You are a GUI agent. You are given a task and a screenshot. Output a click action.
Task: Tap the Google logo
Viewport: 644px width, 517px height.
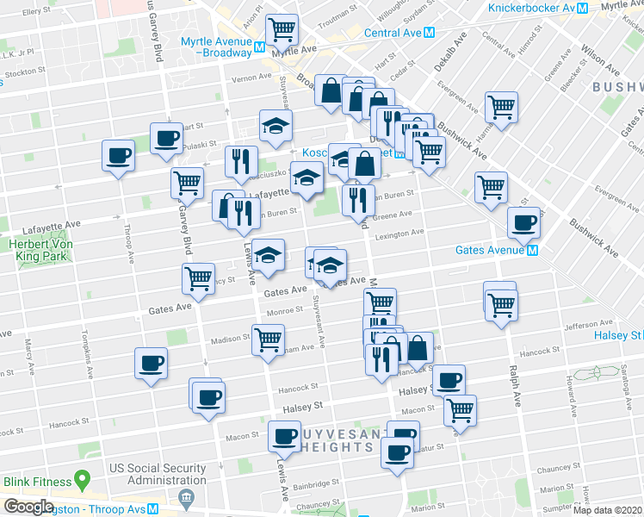[x=28, y=507]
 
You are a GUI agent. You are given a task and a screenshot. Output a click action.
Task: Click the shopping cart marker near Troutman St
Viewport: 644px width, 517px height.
[x=282, y=29]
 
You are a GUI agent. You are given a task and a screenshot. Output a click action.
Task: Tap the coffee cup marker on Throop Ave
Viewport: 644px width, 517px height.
[x=118, y=156]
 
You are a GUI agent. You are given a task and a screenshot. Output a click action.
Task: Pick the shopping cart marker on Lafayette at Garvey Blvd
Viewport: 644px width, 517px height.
[x=187, y=182]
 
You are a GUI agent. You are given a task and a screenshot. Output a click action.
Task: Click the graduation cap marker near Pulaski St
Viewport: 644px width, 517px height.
[x=276, y=126]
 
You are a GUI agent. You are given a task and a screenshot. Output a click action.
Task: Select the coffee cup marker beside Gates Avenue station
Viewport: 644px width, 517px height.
[x=523, y=222]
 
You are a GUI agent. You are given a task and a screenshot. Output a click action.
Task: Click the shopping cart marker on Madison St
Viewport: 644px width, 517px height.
[x=268, y=338]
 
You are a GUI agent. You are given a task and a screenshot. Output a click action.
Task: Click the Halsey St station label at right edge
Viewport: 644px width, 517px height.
[x=618, y=334]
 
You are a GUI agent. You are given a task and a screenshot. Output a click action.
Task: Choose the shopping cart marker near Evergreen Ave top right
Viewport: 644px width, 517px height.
[x=500, y=107]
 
